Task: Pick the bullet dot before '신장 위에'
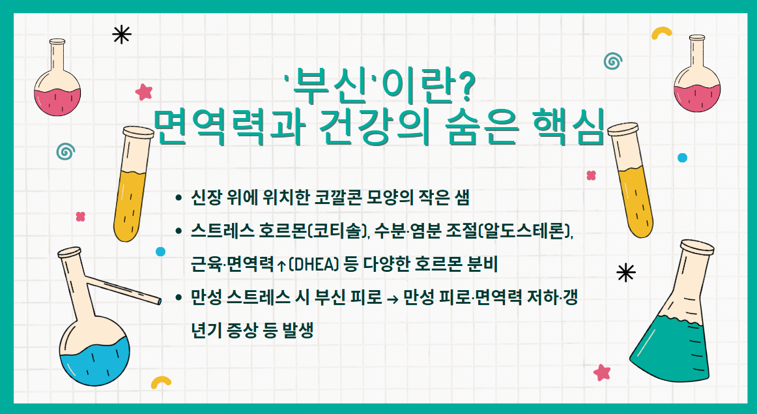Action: tap(179, 198)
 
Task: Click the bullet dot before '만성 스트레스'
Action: tap(179, 299)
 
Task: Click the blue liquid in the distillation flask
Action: tap(94, 368)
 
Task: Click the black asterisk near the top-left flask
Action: tap(121, 35)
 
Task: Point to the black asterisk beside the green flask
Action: tap(625, 273)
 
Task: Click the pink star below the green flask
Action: tap(602, 372)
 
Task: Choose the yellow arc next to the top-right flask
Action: tap(662, 32)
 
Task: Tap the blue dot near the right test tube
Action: tap(682, 158)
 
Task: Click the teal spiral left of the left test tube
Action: tap(64, 151)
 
